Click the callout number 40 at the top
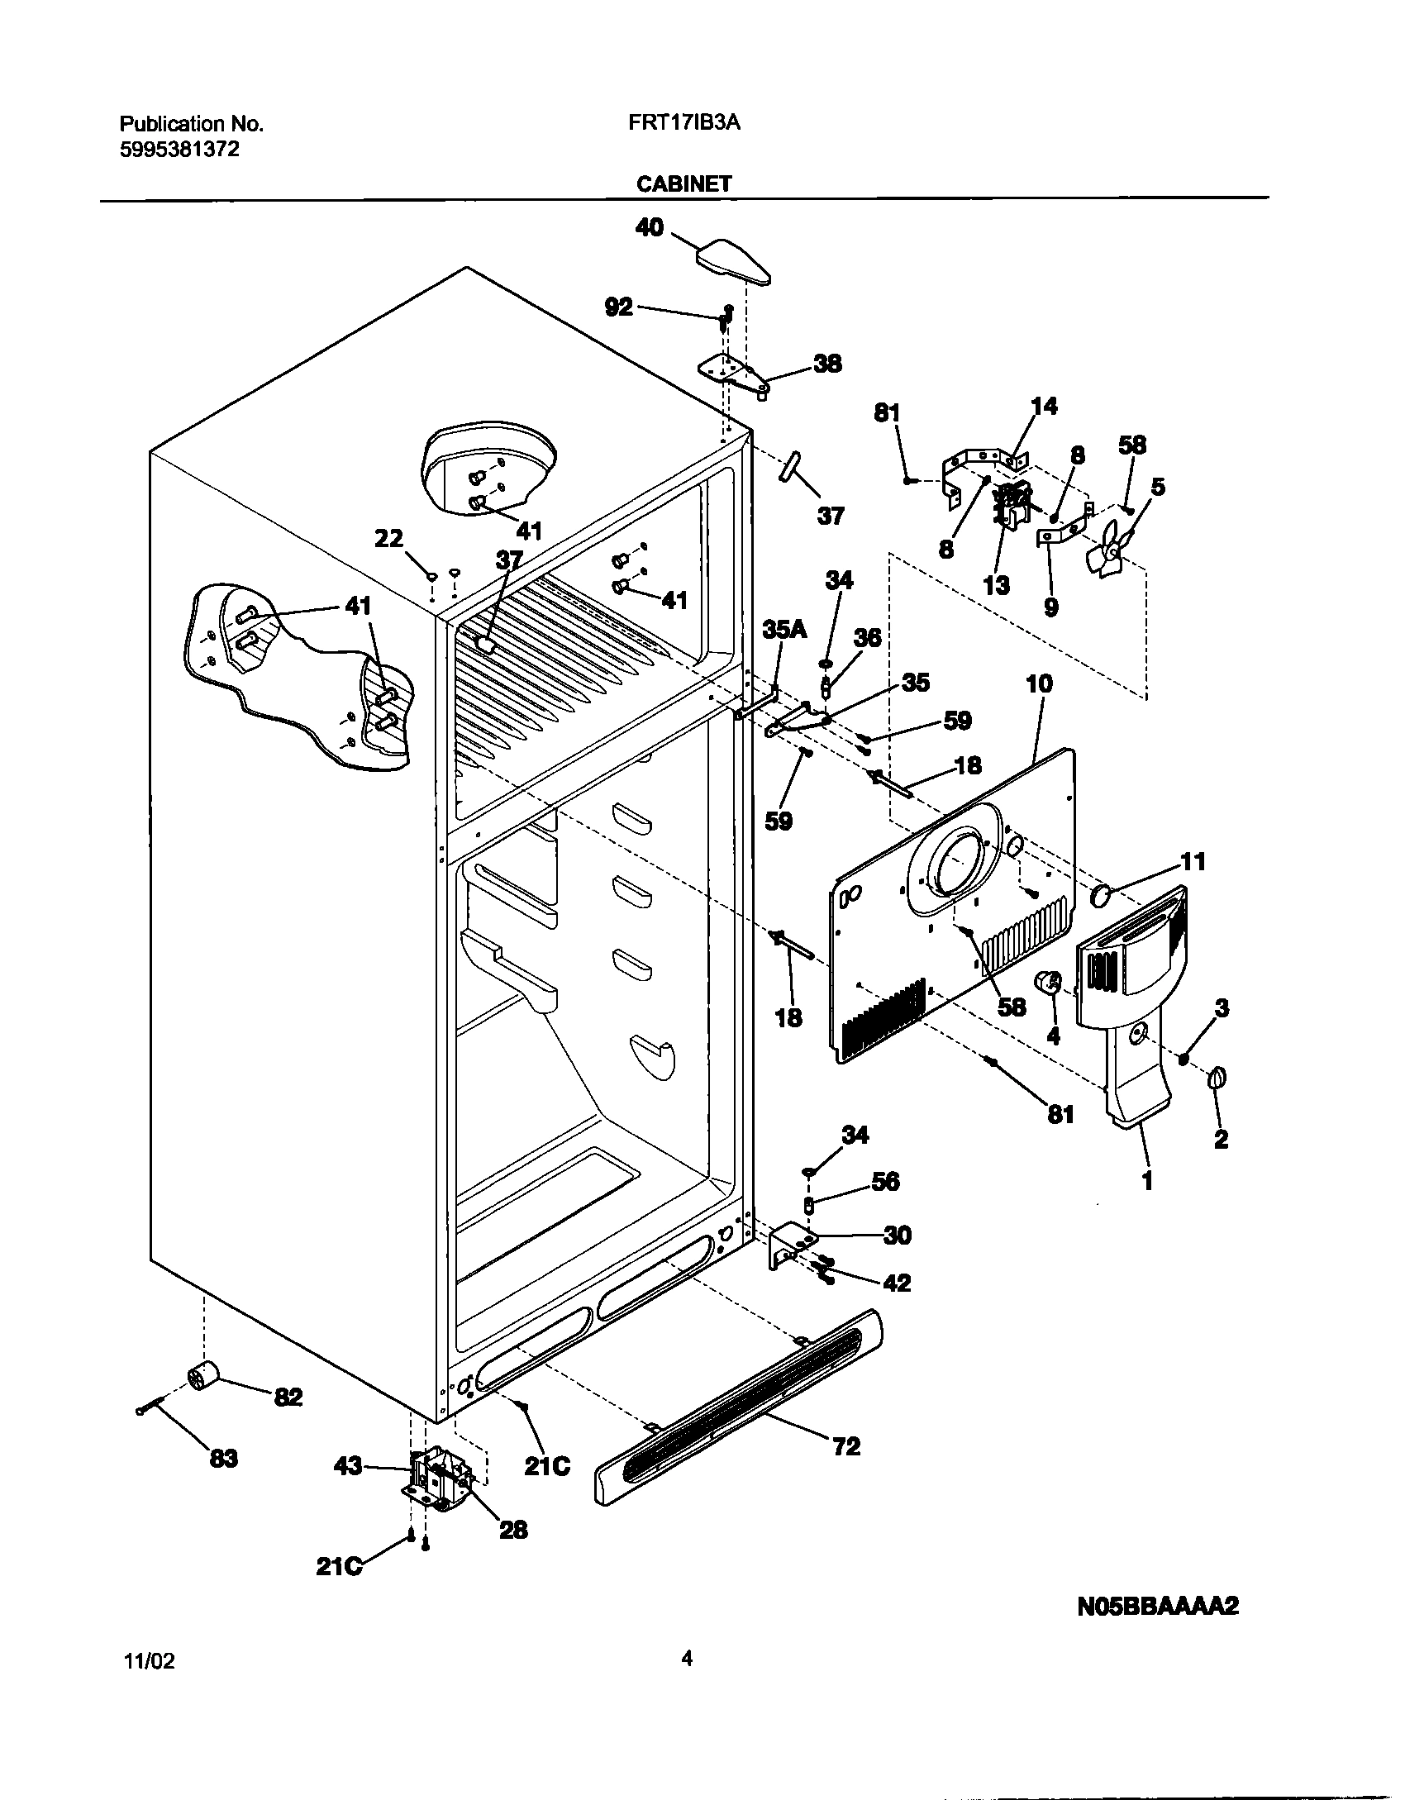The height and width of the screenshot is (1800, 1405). [650, 227]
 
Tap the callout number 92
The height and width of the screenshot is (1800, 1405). [618, 307]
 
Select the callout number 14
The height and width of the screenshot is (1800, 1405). [1044, 406]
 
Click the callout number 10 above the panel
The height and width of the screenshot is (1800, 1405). [1039, 683]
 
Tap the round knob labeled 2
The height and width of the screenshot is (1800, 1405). [1217, 1078]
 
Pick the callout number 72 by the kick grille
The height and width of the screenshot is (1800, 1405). [846, 1446]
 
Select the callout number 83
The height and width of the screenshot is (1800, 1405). [223, 1459]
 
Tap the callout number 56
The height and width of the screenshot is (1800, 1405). [885, 1182]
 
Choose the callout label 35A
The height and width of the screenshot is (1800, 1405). [784, 630]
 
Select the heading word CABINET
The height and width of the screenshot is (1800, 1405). [683, 183]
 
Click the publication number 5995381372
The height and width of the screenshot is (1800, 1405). [179, 150]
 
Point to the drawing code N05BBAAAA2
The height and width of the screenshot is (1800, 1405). [1158, 1607]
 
